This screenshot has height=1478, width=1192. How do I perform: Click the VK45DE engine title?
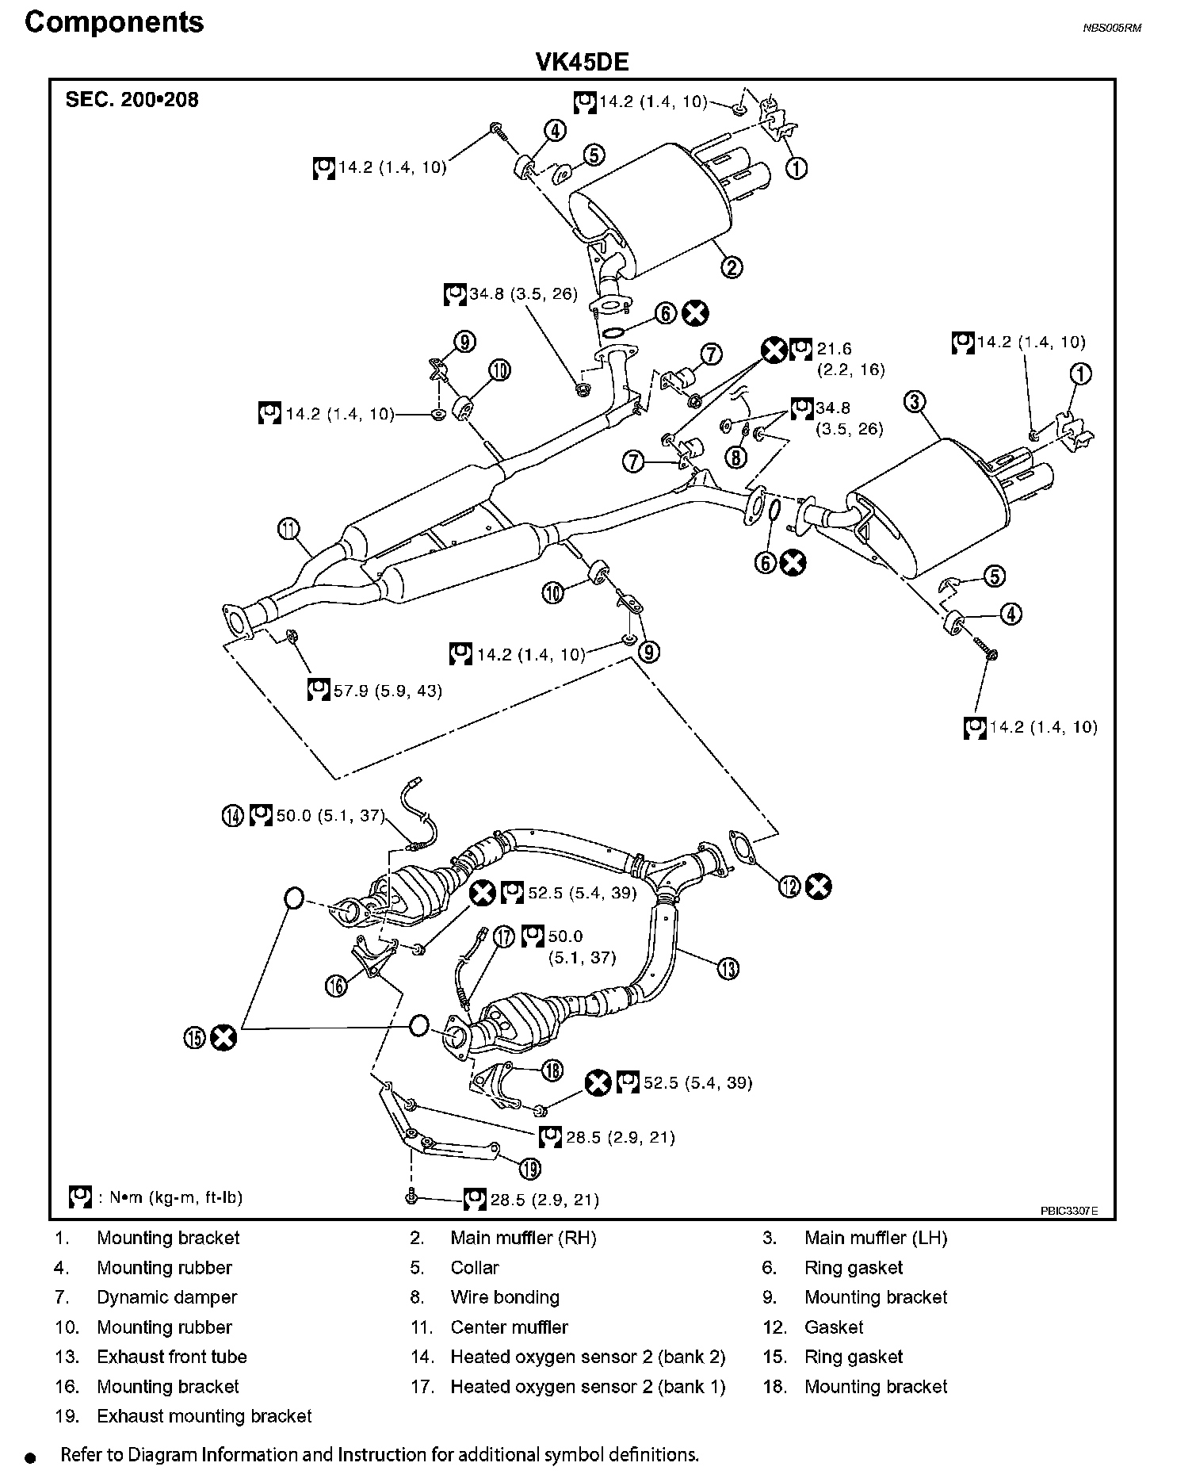pos(583,63)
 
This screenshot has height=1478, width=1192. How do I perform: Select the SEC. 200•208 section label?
pos(132,101)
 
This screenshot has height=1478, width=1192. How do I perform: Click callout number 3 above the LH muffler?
pos(915,402)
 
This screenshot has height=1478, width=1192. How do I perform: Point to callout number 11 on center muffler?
pos(289,528)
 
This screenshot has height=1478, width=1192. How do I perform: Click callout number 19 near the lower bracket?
pos(530,1167)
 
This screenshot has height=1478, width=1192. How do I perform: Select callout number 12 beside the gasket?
pos(789,886)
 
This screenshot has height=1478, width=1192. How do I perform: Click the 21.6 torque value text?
pos(834,349)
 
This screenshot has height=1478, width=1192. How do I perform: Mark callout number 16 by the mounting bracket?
pos(336,985)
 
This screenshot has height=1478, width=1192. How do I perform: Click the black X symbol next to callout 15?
pos(224,1038)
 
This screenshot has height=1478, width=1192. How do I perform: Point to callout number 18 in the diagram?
pos(552,1070)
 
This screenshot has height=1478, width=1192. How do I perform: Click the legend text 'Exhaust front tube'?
pos(171,1357)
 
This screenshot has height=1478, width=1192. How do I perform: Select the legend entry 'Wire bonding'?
pos(505,1297)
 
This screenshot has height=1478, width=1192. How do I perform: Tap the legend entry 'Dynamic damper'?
pos(166,1297)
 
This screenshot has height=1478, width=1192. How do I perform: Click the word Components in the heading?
pos(114,22)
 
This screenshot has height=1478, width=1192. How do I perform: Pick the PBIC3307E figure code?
pos(1069,1212)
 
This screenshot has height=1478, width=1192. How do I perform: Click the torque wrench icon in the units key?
pos(80,1197)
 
